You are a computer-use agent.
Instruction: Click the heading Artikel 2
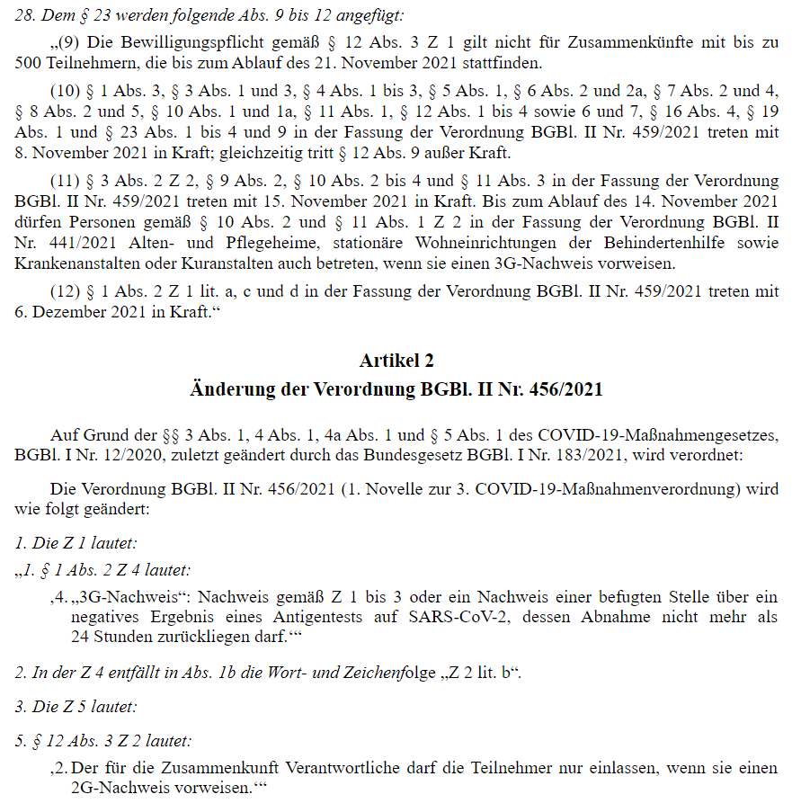click(396, 361)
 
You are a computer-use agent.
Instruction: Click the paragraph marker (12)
click(66, 291)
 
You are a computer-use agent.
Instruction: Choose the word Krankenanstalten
click(74, 264)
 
